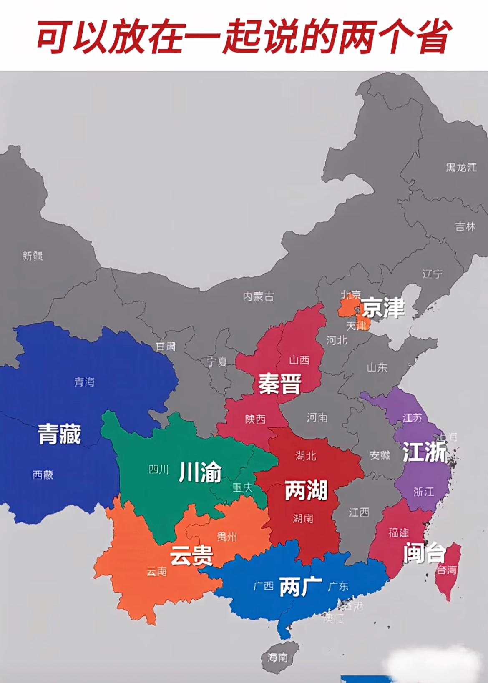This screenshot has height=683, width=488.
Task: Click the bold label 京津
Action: point(383,309)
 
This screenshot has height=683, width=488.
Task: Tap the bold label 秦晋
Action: point(279,384)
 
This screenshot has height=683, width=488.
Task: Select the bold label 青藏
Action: point(60,434)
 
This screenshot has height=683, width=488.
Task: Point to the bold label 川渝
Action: point(200,472)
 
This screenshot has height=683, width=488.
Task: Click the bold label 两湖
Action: point(306,490)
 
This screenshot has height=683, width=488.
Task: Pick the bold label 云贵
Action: point(191,556)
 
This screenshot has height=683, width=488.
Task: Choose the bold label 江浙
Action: point(424,452)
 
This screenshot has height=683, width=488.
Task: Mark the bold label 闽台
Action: point(424,553)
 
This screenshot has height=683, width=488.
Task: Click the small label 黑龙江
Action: point(461,168)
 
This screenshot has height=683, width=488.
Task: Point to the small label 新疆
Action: point(33,256)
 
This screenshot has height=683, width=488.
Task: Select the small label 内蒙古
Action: point(258,296)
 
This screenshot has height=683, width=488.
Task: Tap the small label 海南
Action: point(278,658)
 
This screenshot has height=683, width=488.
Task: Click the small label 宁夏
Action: point(217,362)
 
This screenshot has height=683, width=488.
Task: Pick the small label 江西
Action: point(359,512)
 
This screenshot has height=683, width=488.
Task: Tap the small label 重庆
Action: point(242,487)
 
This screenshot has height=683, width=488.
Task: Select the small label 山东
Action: point(377,367)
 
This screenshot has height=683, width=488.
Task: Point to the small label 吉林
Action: point(465,226)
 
